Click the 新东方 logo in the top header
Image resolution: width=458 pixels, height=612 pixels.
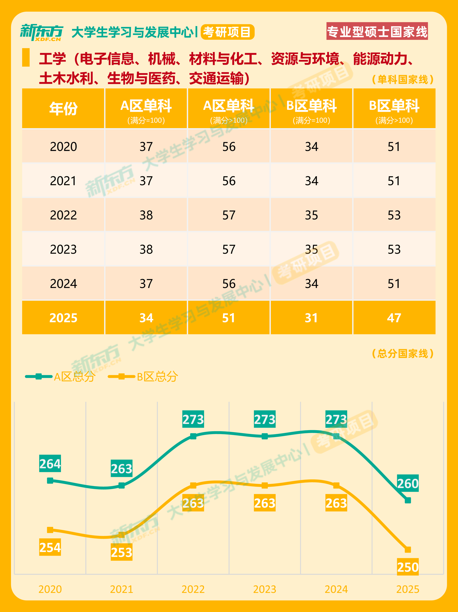click(42, 32)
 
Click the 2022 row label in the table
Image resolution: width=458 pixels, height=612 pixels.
click(63, 215)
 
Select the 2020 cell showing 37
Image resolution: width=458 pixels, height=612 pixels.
click(146, 147)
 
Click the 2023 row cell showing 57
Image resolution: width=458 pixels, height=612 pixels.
click(229, 249)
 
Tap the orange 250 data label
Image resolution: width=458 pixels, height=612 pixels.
click(408, 567)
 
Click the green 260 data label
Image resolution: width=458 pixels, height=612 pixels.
click(408, 483)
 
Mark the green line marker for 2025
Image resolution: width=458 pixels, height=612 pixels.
click(408, 500)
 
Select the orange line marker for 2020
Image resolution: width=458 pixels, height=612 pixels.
click(50, 530)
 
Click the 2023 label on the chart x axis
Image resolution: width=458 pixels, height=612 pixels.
click(265, 589)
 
